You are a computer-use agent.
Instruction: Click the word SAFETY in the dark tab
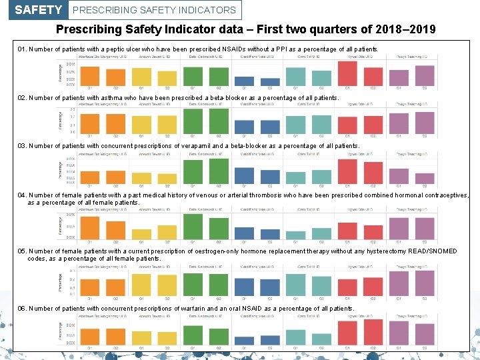coord(38,10)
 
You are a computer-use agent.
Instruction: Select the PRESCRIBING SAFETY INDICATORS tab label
coord(154,10)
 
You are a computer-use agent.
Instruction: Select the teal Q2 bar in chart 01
coord(321,78)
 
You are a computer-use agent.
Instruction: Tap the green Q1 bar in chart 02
coord(193,121)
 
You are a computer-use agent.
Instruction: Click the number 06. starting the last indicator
coord(22,309)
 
